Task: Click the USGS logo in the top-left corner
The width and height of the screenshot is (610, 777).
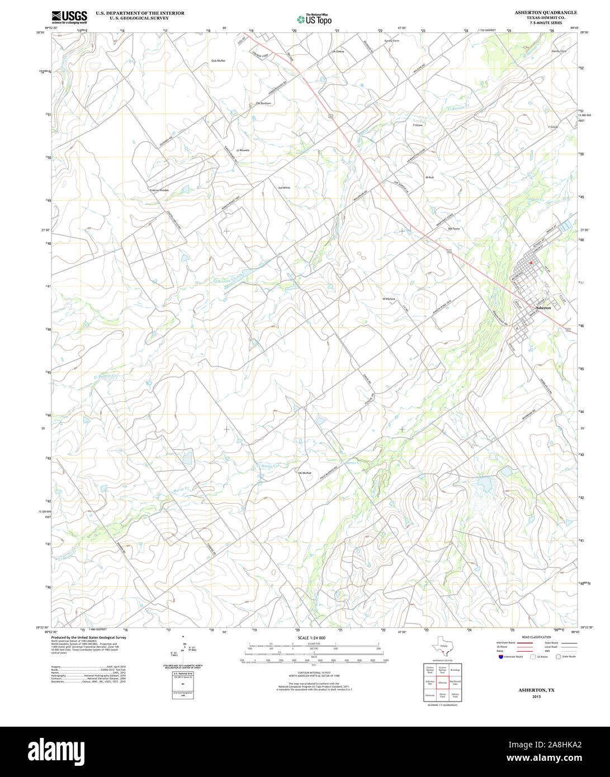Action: tap(69, 17)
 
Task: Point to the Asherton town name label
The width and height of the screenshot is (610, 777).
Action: tap(543, 308)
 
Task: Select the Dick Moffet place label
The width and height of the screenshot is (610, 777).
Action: tap(218, 60)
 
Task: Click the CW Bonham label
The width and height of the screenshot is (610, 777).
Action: tap(263, 103)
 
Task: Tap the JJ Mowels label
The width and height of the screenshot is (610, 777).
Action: tap(243, 150)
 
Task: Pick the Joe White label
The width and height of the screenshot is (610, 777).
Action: tap(284, 188)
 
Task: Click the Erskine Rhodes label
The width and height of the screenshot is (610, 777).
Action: tap(159, 191)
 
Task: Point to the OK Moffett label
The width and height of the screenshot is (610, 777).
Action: tap(304, 473)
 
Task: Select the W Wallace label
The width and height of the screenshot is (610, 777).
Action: tap(389, 299)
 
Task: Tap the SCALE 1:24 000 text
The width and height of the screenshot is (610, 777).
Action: tap(311, 638)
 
